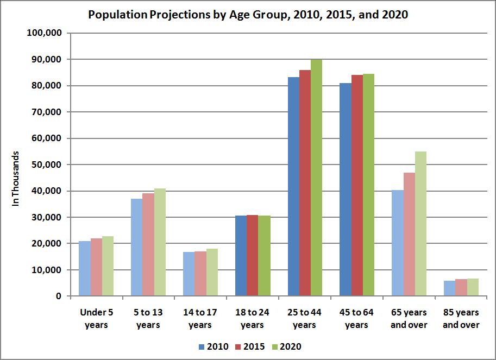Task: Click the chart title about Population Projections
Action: [248, 15]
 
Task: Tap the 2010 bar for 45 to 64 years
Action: [345, 190]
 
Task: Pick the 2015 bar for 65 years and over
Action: [409, 234]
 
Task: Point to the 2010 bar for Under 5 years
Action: [84, 268]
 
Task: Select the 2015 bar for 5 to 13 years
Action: [148, 244]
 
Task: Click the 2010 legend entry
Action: [214, 346]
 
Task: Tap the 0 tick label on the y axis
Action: [57, 296]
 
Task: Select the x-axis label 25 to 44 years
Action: [304, 319]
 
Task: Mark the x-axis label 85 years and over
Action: [461, 319]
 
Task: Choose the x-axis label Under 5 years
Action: [96, 319]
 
